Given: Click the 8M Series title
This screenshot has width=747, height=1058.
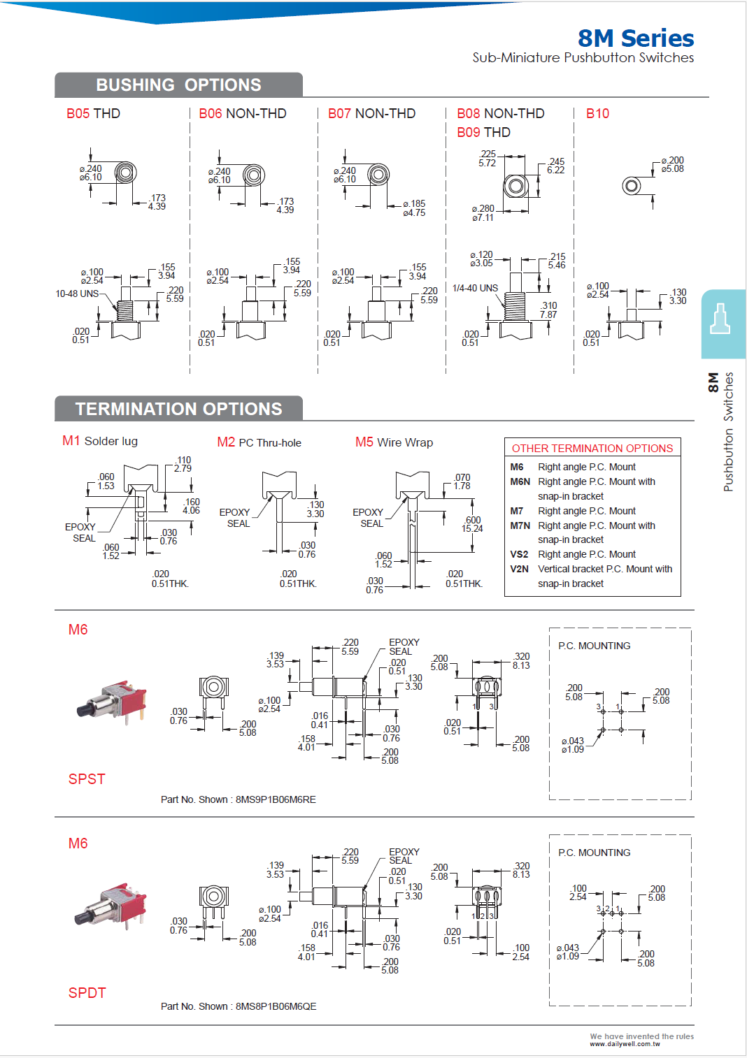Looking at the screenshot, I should point(635,38).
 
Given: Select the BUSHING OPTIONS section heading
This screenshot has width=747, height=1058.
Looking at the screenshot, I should point(178,85).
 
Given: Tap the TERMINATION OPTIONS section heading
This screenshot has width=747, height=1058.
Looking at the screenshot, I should point(178,409).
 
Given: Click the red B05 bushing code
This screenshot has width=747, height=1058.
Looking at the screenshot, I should point(78,114).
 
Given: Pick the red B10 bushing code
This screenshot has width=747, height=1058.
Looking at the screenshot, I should point(597,114).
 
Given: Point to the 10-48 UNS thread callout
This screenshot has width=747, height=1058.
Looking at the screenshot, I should point(77,294).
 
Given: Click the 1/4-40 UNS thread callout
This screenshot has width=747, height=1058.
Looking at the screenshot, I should point(475,288).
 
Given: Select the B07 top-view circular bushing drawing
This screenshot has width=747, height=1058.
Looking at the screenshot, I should point(378,174).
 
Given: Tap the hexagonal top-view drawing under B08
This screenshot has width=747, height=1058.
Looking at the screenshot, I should point(515,186).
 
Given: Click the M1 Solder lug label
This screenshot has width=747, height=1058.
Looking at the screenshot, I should point(100,441).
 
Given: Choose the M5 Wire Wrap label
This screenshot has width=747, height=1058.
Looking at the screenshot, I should point(394,442).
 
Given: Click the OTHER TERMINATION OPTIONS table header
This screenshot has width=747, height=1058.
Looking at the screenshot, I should point(592,448).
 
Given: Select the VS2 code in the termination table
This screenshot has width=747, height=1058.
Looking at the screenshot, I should point(519,554).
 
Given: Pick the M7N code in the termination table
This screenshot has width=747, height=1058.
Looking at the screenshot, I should point(520,526).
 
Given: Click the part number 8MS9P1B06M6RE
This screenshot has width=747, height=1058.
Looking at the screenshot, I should point(276,799).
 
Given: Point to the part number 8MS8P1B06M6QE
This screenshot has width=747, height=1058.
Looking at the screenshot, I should point(276,1006).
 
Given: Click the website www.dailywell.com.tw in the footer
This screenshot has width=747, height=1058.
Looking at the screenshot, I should point(625,1044).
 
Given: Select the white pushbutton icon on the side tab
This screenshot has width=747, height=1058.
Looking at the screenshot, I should point(720,319).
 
